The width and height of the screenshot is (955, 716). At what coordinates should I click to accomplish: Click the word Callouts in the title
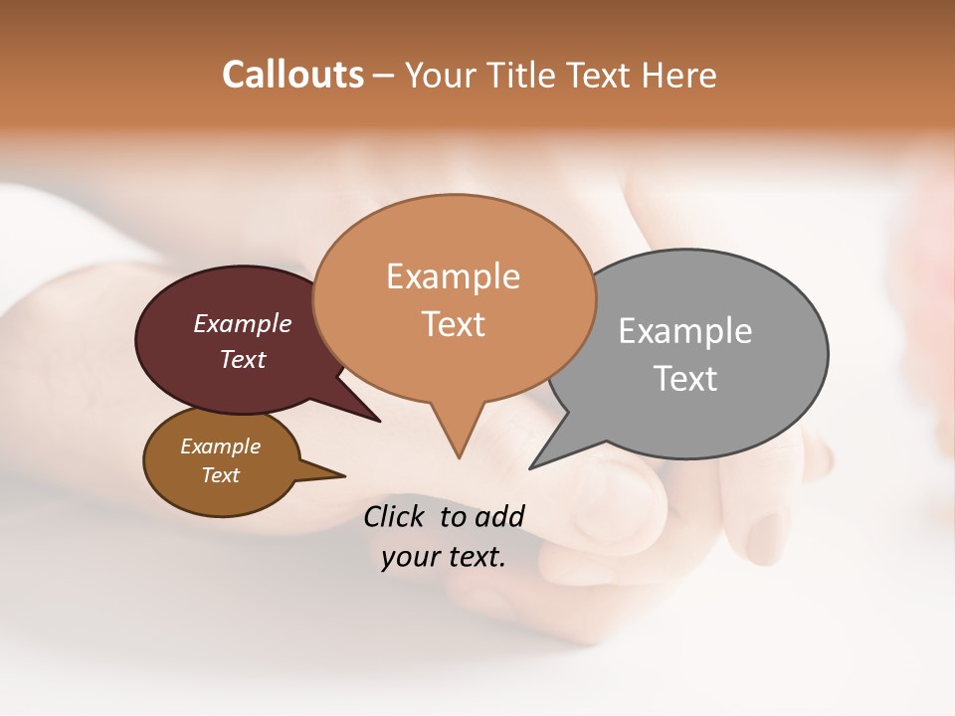(x=292, y=75)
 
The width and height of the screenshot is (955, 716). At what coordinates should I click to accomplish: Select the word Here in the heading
(x=680, y=75)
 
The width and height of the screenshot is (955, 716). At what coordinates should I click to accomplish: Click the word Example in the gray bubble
(x=684, y=331)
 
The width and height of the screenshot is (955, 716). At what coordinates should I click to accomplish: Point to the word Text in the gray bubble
(x=684, y=379)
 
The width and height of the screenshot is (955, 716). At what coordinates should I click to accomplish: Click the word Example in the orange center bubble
(x=453, y=276)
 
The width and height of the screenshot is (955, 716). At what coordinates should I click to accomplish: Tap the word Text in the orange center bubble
(x=453, y=324)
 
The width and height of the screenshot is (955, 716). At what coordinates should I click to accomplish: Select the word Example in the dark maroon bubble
(x=242, y=323)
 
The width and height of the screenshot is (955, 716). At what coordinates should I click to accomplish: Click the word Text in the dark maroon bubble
(x=242, y=359)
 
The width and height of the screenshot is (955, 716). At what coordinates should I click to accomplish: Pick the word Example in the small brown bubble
(x=220, y=447)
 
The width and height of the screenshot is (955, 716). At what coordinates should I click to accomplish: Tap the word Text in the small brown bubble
(x=220, y=475)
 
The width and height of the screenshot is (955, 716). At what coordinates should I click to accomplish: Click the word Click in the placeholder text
(x=397, y=516)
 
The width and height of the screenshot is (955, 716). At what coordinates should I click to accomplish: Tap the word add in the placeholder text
(x=498, y=516)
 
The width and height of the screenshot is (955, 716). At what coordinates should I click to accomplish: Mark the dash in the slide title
(x=384, y=76)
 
